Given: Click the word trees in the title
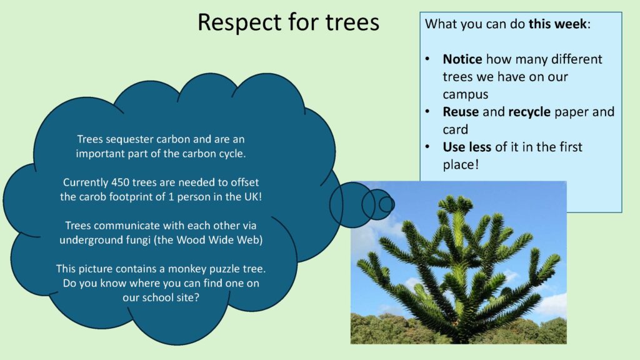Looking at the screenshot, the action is [352, 22].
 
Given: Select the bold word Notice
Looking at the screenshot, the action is [462, 59].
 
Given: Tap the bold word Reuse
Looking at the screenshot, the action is [461, 112].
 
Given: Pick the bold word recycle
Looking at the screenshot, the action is [529, 112].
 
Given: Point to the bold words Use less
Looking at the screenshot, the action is [467, 147].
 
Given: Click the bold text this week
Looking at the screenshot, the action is [557, 24].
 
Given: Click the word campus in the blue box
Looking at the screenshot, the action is [465, 95].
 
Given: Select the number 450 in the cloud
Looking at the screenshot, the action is [121, 182].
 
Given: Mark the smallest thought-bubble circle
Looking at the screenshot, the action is [386, 204].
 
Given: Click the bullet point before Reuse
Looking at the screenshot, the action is [427, 111].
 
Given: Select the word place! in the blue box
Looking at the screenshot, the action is [461, 165].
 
